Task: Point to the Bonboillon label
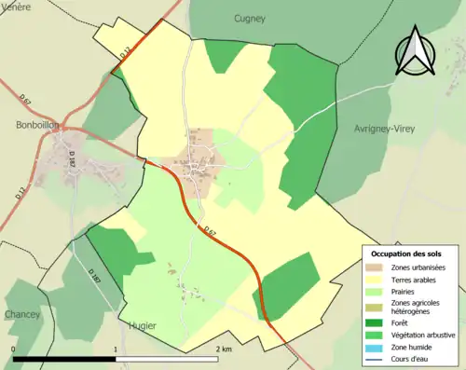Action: [x=37, y=124]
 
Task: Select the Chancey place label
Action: [x=22, y=314]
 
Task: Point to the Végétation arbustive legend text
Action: [x=424, y=334]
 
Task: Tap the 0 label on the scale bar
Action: [x=14, y=349]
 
